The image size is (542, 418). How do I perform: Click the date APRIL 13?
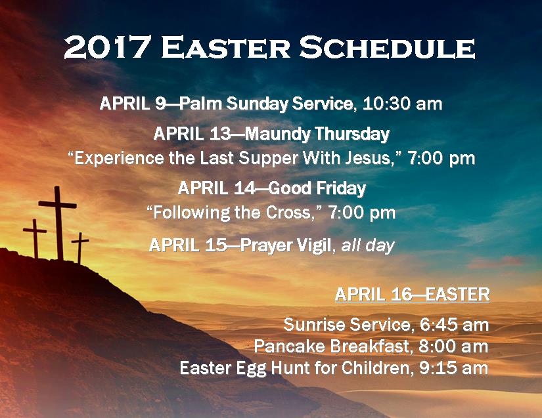(191, 135)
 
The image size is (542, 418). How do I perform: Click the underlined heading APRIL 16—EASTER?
(412, 295)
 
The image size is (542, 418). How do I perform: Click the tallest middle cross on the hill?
(58, 220)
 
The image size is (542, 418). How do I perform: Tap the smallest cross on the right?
(80, 247)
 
